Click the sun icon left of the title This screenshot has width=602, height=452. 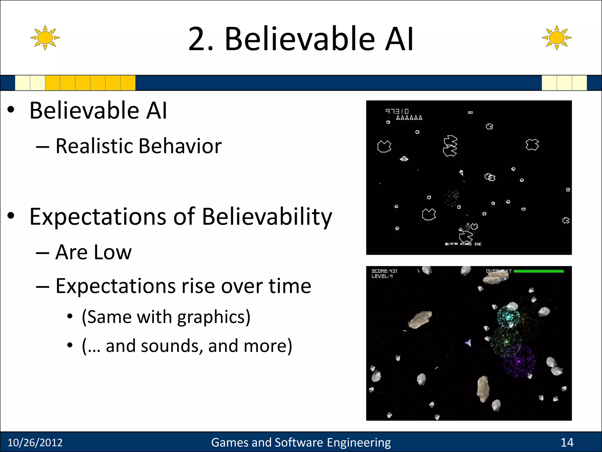(45, 38)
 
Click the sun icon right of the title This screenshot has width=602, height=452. (556, 38)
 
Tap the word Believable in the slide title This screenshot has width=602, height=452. (300, 39)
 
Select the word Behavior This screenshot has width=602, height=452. (180, 146)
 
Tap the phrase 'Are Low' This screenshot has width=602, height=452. (93, 252)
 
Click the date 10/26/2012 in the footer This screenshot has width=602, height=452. (35, 442)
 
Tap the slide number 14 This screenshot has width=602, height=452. (567, 442)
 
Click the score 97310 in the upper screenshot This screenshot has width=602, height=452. (397, 111)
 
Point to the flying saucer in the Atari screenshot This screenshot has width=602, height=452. (404, 159)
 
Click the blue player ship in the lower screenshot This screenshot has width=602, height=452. (469, 343)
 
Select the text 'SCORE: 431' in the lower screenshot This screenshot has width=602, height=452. (384, 271)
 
